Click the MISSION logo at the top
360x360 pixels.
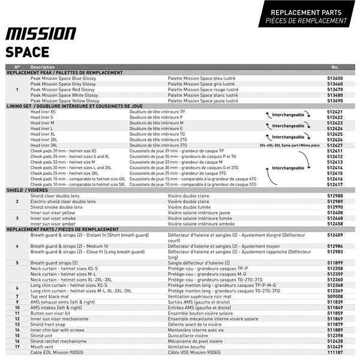pos(41,33)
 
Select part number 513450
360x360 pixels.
pos(335,78)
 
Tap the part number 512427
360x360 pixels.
pos(335,145)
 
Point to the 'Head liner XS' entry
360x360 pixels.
pos(43,112)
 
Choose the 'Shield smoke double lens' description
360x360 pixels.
pos(57,207)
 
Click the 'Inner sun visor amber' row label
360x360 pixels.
pos(53,224)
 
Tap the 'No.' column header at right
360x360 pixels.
pos(335,67)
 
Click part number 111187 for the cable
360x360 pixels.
pos(335,353)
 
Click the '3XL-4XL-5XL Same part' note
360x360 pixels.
pos(289,145)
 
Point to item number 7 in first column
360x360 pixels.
pos(17,296)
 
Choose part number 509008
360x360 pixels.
pos(335,296)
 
